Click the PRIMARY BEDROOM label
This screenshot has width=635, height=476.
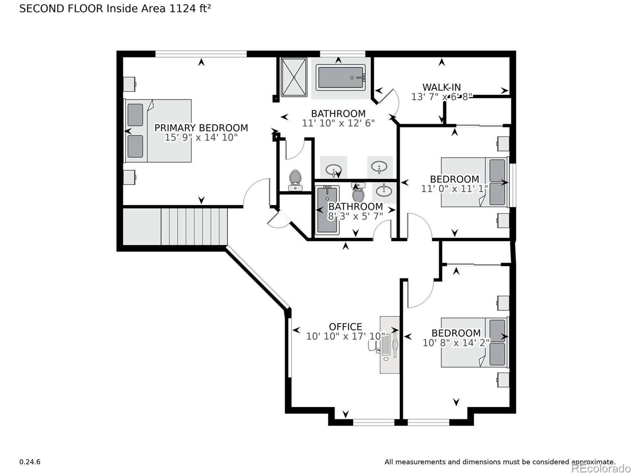coord(201,128)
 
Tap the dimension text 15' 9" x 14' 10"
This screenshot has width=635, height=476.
coord(201,137)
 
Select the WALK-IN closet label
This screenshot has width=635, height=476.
coord(442,87)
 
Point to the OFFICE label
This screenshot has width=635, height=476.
coord(345,327)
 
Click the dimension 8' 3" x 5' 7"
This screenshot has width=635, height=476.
coord(355,216)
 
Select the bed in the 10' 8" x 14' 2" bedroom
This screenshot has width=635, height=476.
coord(474,342)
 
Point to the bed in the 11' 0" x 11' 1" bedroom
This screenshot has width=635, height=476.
coord(474,182)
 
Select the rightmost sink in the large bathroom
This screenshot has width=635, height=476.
coord(379,166)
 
